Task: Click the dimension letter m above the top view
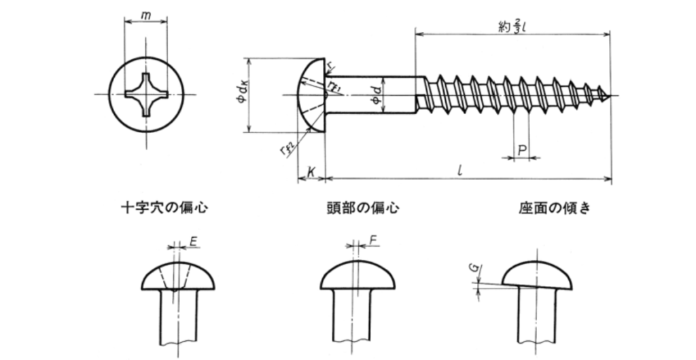[x=145, y=16]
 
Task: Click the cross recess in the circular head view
[x=146, y=94]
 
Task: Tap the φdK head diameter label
[x=243, y=95]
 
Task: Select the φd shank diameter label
[x=377, y=96]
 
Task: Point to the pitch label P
[x=522, y=151]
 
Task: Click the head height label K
[x=311, y=172]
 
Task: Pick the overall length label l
[x=460, y=170]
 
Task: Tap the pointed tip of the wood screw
[x=610, y=96]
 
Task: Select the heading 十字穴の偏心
[x=164, y=207]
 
